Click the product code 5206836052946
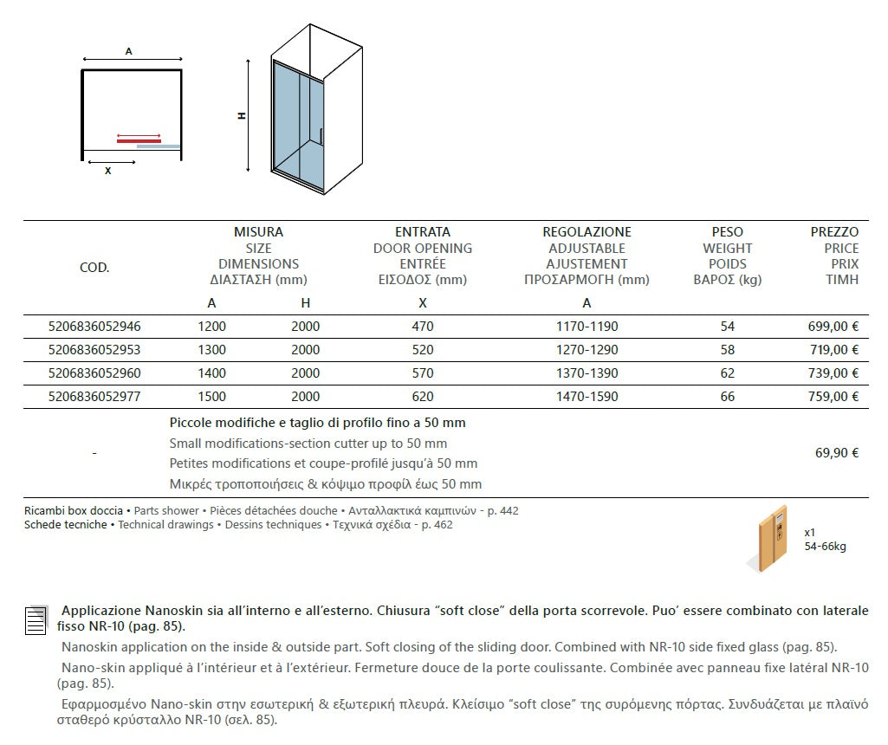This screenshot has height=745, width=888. (x=94, y=327)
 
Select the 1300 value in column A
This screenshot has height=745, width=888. (x=211, y=350)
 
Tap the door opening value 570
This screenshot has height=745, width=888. (x=423, y=373)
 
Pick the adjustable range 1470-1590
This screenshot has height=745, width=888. (x=587, y=397)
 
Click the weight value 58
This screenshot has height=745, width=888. (x=727, y=350)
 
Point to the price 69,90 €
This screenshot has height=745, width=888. (x=837, y=453)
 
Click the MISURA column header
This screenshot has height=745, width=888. (x=258, y=232)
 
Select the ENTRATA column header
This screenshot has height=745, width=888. (x=423, y=232)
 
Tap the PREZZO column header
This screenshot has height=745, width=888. (x=834, y=232)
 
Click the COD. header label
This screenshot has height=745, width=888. (x=94, y=268)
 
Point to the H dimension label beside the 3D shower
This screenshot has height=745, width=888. (x=243, y=115)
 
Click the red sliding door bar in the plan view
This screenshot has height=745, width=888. (x=139, y=139)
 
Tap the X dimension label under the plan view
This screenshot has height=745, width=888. (x=107, y=172)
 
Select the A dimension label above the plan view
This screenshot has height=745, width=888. (x=128, y=52)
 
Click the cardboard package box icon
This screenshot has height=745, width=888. (x=768, y=538)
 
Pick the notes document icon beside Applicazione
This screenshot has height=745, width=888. (x=36, y=620)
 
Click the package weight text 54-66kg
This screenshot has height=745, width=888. (x=825, y=547)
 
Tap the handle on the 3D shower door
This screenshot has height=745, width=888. (x=321, y=135)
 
